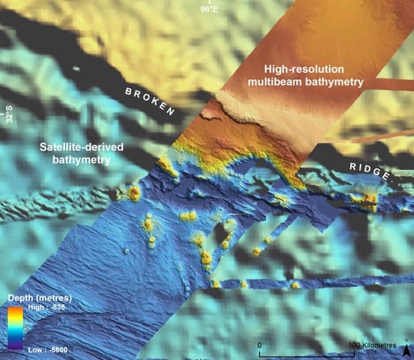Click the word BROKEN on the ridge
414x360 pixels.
click(x=150, y=101)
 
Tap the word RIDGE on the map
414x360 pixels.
click(x=369, y=171)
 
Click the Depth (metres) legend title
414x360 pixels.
click(x=39, y=297)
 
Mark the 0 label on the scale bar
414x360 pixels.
click(x=260, y=345)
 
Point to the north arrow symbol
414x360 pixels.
click(x=406, y=348)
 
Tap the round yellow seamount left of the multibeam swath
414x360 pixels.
click(x=133, y=192)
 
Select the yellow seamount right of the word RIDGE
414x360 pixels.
click(x=369, y=199)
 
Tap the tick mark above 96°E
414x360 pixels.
click(x=208, y=3)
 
